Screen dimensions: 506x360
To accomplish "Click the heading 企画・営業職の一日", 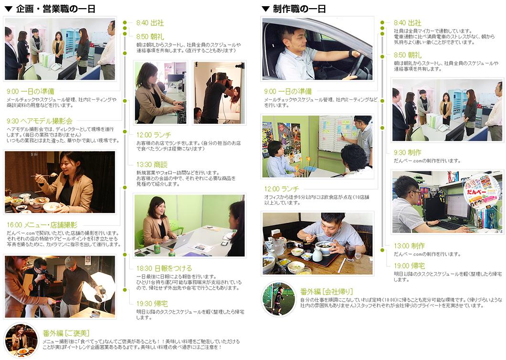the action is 55,9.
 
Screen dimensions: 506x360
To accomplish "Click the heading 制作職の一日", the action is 299,9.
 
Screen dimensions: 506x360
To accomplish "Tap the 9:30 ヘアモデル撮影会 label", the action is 39,121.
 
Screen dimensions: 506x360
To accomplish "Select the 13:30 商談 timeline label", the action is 152,165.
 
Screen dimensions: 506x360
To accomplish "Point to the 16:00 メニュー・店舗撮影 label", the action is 42,225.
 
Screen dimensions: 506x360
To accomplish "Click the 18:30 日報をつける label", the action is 164,268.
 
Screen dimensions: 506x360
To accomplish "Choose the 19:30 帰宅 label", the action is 152,304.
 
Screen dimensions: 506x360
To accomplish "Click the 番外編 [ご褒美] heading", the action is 66,333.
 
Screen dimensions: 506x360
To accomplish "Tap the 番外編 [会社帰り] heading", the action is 327,292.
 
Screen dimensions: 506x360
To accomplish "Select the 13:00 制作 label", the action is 409,246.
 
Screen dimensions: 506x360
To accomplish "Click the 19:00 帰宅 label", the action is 409,266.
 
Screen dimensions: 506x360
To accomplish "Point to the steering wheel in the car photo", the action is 358,64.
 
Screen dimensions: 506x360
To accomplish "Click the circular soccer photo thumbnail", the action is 279,299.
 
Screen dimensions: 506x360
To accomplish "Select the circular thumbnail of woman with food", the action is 21,339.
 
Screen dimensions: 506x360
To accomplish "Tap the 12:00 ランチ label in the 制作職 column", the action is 281,189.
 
